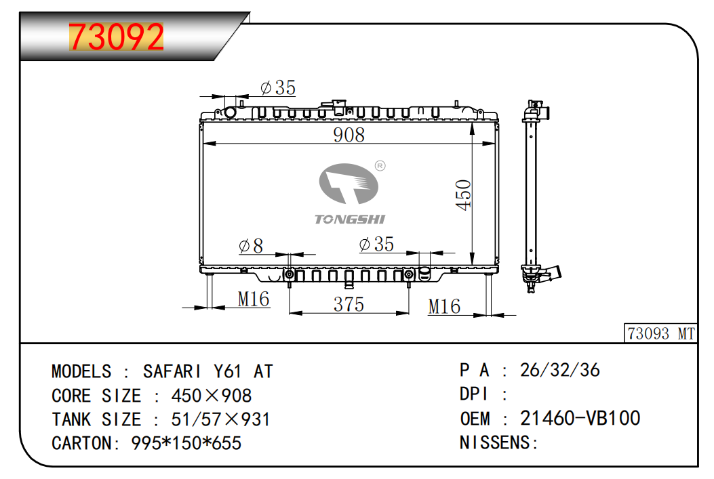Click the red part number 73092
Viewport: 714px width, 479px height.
pos(116,37)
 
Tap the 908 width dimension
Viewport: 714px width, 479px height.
pos(349,135)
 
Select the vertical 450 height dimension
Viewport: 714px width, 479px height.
pos(464,194)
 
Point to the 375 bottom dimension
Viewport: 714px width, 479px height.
pos(349,304)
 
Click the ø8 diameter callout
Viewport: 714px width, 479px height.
pos(251,246)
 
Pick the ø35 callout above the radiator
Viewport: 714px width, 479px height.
pos(278,87)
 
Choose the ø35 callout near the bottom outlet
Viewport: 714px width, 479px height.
pos(376,245)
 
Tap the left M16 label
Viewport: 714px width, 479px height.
pos(254,299)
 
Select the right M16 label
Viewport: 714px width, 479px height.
pos(444,307)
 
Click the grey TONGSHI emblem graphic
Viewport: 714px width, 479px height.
pos(349,184)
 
